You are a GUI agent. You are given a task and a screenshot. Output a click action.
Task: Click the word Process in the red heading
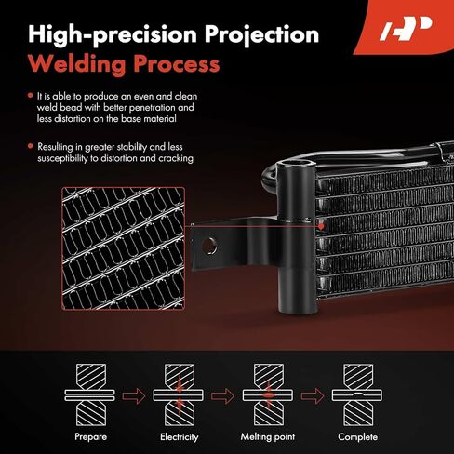(x=177, y=64)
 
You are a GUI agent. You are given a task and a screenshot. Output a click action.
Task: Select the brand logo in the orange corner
(x=406, y=29)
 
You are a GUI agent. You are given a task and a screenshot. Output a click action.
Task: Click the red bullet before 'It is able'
(x=30, y=96)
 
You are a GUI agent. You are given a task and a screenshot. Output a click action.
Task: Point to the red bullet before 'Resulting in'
(x=30, y=146)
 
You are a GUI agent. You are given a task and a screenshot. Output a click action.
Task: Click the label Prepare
(x=90, y=437)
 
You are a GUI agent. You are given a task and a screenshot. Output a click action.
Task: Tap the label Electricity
(x=180, y=437)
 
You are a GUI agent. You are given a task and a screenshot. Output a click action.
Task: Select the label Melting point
(x=268, y=437)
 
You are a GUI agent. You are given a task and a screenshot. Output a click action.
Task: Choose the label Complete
(x=357, y=437)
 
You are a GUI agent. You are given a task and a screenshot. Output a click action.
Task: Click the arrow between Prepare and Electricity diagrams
(x=134, y=395)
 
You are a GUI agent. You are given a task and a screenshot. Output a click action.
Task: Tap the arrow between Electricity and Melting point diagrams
(x=222, y=395)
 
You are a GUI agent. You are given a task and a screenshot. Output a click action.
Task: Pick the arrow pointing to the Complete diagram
(x=313, y=395)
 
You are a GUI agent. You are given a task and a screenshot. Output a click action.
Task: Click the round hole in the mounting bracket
(x=209, y=247)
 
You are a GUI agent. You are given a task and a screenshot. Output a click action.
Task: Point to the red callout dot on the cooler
(x=321, y=226)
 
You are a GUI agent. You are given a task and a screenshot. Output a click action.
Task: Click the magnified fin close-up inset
(x=124, y=248)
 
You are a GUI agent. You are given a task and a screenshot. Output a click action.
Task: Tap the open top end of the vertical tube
(x=296, y=165)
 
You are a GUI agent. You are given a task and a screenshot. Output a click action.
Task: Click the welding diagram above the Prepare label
(x=90, y=395)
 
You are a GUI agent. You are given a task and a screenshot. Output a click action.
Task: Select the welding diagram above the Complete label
(x=357, y=395)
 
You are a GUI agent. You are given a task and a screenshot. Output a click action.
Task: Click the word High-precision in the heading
(x=113, y=35)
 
